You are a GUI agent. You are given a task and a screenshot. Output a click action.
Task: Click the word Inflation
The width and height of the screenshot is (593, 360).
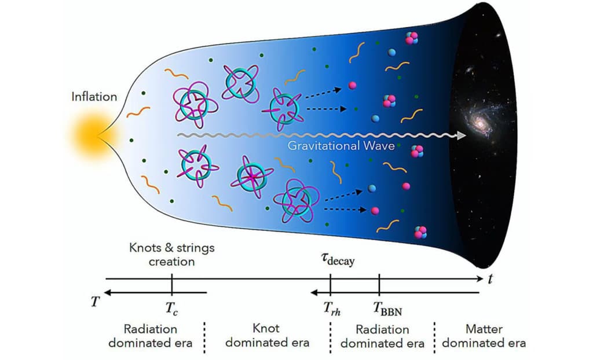(x=94, y=97)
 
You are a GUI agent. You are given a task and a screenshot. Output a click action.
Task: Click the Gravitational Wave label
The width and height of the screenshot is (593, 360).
(x=341, y=146)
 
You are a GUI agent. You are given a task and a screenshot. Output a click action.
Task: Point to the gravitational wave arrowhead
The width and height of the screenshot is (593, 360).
(x=462, y=135)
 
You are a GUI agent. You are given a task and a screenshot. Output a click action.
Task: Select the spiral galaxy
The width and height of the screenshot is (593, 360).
(x=478, y=121)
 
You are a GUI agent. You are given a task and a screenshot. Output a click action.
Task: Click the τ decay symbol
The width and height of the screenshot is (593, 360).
(x=338, y=259)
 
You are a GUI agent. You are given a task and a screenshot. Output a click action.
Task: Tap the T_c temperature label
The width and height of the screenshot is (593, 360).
(x=171, y=307)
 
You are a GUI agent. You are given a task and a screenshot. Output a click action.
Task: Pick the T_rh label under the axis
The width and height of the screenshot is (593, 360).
(x=332, y=308)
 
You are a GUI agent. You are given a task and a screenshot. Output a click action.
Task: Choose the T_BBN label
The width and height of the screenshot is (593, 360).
(x=387, y=308)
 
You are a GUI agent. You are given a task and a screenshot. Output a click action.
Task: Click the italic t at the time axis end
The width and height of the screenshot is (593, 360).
(x=490, y=279)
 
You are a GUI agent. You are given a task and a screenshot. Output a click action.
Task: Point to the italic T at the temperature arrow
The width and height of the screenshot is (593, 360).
(x=96, y=302)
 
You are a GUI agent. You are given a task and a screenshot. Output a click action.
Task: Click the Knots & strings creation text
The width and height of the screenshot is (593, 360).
(x=171, y=255)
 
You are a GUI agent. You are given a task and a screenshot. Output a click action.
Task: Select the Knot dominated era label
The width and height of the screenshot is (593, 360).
(x=267, y=336)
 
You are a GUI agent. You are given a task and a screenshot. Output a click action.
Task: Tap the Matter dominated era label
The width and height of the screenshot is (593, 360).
(x=484, y=336)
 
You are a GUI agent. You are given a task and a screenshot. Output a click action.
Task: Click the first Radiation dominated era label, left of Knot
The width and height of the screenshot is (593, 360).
(x=150, y=336)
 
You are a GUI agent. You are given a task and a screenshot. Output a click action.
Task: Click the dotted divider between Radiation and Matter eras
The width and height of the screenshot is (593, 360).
(x=434, y=337)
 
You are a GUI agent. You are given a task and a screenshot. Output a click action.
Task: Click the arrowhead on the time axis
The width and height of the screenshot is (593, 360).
(x=479, y=279)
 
